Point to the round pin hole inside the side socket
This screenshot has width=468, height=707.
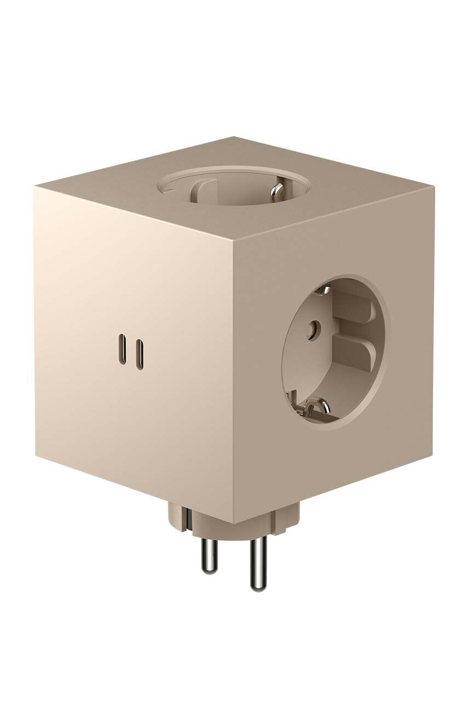pos(313,329)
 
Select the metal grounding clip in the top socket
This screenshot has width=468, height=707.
pos(279,191)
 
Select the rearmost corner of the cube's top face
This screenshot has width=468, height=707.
pos(234,136)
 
